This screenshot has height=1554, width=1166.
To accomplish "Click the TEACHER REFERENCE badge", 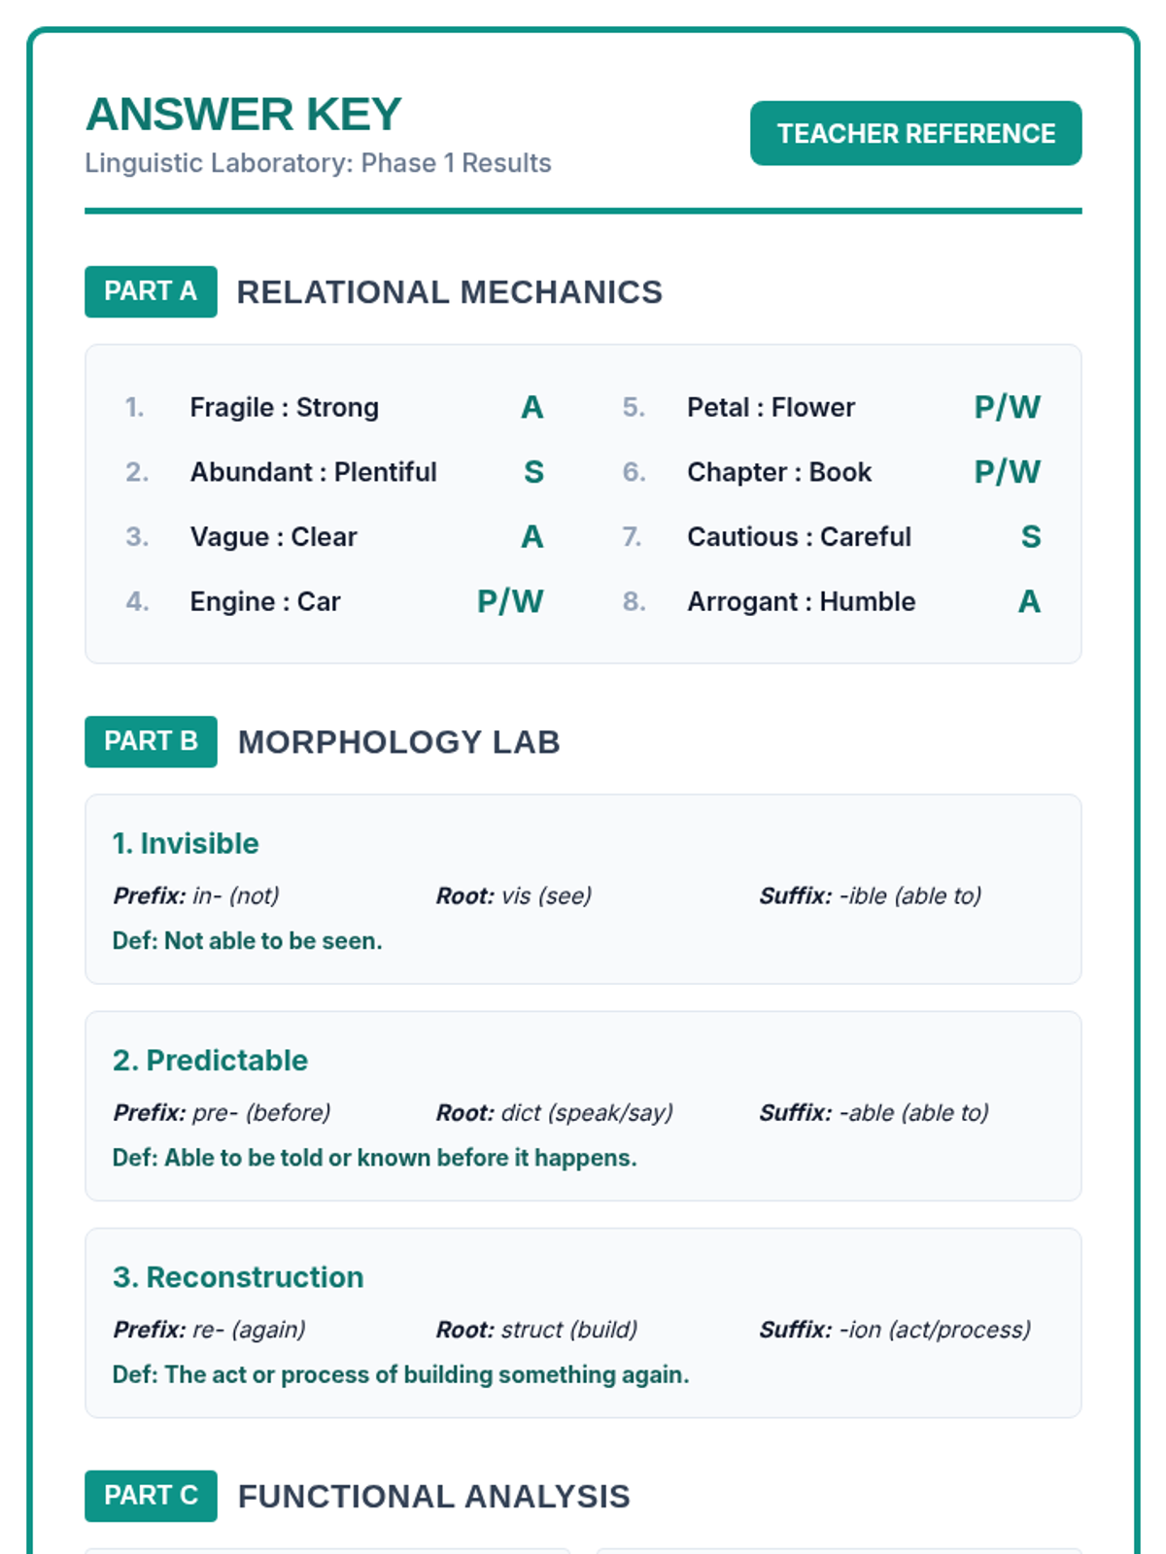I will [x=915, y=133].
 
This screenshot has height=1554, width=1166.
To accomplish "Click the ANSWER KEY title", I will [x=244, y=115].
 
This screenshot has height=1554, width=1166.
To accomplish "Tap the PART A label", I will [x=151, y=291].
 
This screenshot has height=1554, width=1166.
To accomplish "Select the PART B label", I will [x=151, y=741].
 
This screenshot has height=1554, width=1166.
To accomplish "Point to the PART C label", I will [x=151, y=1496].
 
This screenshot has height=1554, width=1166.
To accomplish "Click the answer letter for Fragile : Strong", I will [x=532, y=407].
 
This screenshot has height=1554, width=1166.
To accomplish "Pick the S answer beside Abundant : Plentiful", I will [x=533, y=472].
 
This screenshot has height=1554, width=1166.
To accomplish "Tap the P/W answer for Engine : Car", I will [x=510, y=601].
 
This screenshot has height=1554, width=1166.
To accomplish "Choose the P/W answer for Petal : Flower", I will [x=1007, y=407].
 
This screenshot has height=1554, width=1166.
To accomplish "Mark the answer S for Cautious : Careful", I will [x=1031, y=537].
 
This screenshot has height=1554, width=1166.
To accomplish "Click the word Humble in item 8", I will [x=867, y=602].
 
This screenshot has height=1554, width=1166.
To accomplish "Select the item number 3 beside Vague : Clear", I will [x=137, y=537].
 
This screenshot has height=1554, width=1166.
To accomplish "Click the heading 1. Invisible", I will [x=186, y=843].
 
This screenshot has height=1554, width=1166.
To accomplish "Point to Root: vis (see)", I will [x=513, y=895].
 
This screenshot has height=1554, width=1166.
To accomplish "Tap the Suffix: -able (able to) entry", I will [x=874, y=1112].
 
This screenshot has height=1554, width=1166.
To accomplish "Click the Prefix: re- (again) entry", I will [x=209, y=1329].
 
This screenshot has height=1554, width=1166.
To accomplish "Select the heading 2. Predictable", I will [x=210, y=1060].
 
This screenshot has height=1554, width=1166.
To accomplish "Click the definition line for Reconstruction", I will [x=400, y=1374].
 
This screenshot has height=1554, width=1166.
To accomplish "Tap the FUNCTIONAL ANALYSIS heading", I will [x=433, y=1496].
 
